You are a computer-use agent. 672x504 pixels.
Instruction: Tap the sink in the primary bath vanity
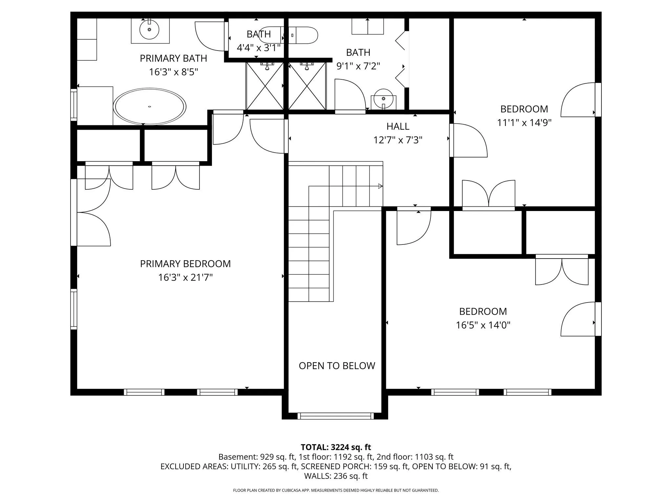149,30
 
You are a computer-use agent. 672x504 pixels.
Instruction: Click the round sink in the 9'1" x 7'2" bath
383,98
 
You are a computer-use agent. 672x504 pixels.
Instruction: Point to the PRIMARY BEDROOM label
185,264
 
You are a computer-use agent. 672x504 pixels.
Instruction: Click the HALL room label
398,126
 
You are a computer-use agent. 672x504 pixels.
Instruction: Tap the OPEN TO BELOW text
337,366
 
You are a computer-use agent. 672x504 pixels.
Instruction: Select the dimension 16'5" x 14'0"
483,325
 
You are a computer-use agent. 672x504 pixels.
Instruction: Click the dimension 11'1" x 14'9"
524,123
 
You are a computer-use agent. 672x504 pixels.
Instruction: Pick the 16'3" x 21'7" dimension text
185,278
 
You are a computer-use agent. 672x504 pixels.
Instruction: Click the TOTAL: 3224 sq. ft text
336,447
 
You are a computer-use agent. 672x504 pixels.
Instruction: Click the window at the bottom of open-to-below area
336,416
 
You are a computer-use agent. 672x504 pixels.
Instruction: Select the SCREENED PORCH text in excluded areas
335,467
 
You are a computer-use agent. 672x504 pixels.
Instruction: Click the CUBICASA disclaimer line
336,491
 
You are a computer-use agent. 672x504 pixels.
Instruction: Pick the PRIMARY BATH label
174,58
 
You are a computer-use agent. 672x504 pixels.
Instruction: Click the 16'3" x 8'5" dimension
174,72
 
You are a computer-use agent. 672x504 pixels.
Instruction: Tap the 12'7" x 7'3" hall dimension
398,140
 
